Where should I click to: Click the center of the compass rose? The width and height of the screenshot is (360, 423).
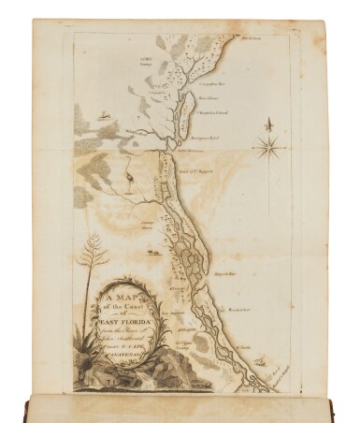coord(268,146)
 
